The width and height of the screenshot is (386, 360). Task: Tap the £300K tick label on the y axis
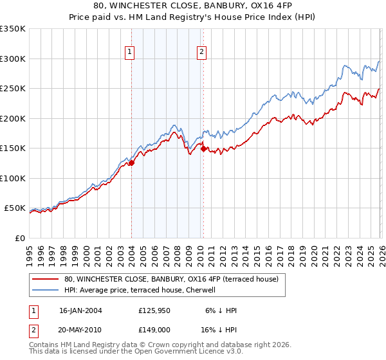pyautogui.click(x=12, y=59)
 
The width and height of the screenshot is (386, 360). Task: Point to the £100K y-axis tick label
pyautogui.click(x=12, y=178)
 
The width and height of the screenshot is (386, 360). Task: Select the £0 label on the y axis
pyautogui.click(x=19, y=238)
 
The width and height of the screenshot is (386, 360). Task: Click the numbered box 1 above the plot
pyautogui.click(x=130, y=52)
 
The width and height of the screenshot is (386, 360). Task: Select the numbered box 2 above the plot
pyautogui.click(x=201, y=52)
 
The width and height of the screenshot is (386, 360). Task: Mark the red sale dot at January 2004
pyautogui.click(x=132, y=163)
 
